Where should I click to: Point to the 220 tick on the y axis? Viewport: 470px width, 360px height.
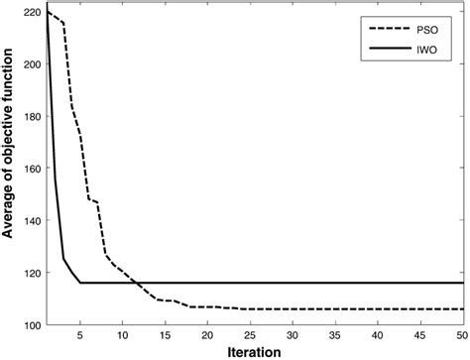click(31, 11)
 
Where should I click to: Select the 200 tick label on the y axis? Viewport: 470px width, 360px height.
click(31, 63)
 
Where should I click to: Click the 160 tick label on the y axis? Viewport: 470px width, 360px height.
click(31, 168)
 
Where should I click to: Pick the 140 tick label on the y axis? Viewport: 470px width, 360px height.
click(31, 220)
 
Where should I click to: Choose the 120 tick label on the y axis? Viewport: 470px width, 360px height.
click(31, 273)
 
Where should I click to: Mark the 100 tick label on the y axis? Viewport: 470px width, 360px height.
click(31, 325)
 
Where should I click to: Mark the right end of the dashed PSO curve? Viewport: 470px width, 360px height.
click(462, 309)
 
